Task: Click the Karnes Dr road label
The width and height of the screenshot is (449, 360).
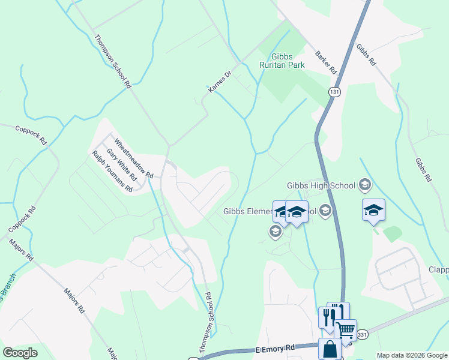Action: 220,82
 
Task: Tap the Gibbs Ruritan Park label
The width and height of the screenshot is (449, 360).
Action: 282,61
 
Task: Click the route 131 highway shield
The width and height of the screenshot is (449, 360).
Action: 334,91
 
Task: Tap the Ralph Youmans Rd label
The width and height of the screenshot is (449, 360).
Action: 112,172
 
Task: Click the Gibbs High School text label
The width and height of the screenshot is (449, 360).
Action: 321,185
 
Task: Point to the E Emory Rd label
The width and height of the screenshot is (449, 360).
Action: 275,347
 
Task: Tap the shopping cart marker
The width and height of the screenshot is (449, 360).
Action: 345,329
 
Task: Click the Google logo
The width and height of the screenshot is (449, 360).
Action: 20,353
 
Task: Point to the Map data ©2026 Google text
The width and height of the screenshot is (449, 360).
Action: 411,355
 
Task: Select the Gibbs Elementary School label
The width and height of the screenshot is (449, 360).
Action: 264,211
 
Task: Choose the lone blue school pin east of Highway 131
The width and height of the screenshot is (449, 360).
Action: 373,210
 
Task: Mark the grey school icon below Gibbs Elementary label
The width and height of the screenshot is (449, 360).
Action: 276,232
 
